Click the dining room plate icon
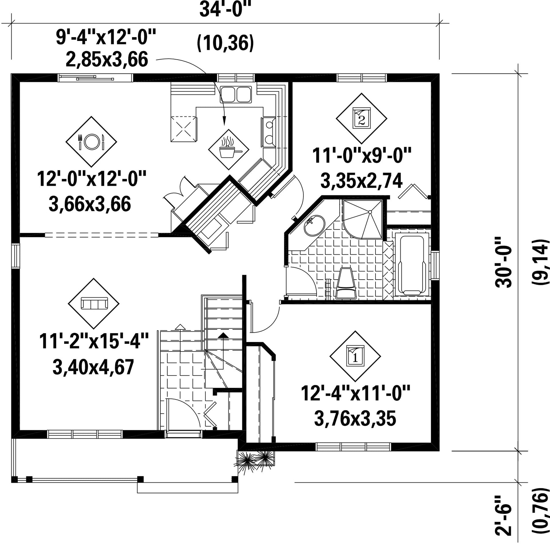(x=91, y=142)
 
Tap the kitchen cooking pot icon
(x=229, y=149)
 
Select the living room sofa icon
(x=94, y=303)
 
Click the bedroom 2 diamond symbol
(x=361, y=118)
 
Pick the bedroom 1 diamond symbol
(x=355, y=356)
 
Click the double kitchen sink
(x=236, y=94)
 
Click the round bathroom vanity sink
(x=314, y=225)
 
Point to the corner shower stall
(x=363, y=219)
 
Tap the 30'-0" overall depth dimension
(x=503, y=266)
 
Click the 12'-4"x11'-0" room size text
(x=355, y=393)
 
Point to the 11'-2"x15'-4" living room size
(x=94, y=341)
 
